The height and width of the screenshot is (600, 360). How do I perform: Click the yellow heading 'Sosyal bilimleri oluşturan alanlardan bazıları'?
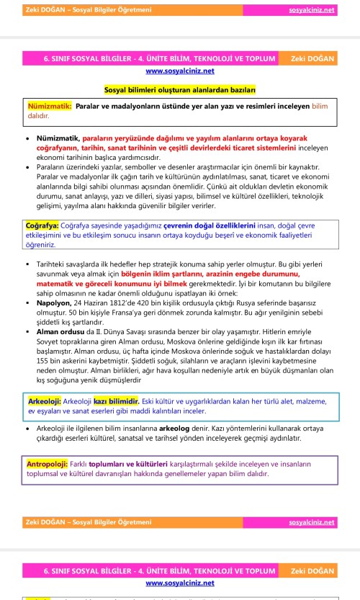180,89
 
